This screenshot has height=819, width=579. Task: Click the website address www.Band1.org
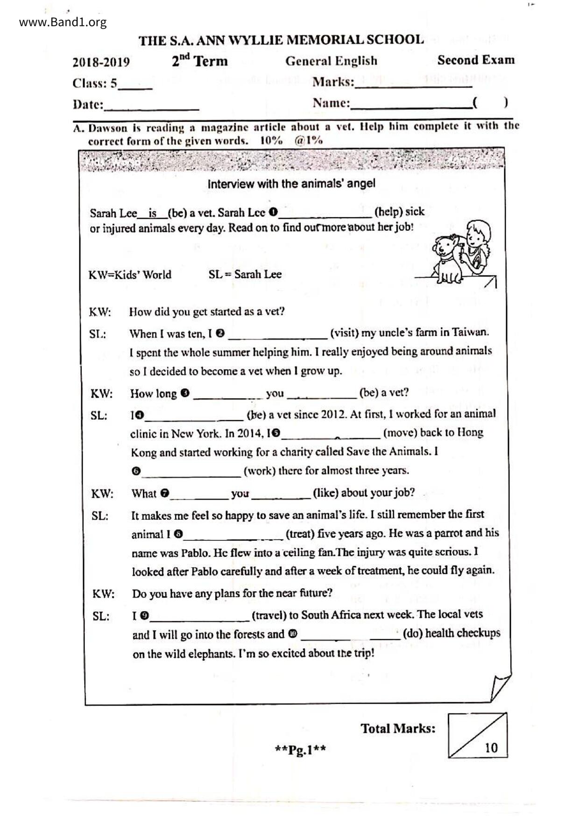[63, 22]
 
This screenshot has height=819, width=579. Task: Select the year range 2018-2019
[101, 62]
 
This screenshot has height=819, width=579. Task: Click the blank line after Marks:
[413, 84]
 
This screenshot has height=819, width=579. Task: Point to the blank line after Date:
[151, 106]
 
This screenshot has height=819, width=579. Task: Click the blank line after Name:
[411, 105]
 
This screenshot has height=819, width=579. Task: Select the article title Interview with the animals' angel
[291, 184]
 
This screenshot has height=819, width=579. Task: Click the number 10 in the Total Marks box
[491, 748]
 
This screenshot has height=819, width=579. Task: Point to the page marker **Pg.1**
[300, 750]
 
